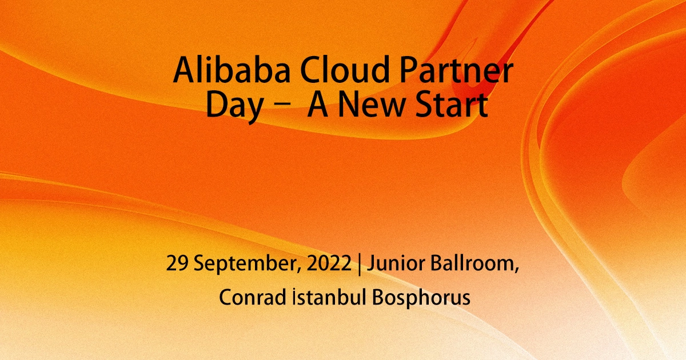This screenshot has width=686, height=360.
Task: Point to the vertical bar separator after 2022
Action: coord(359,265)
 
